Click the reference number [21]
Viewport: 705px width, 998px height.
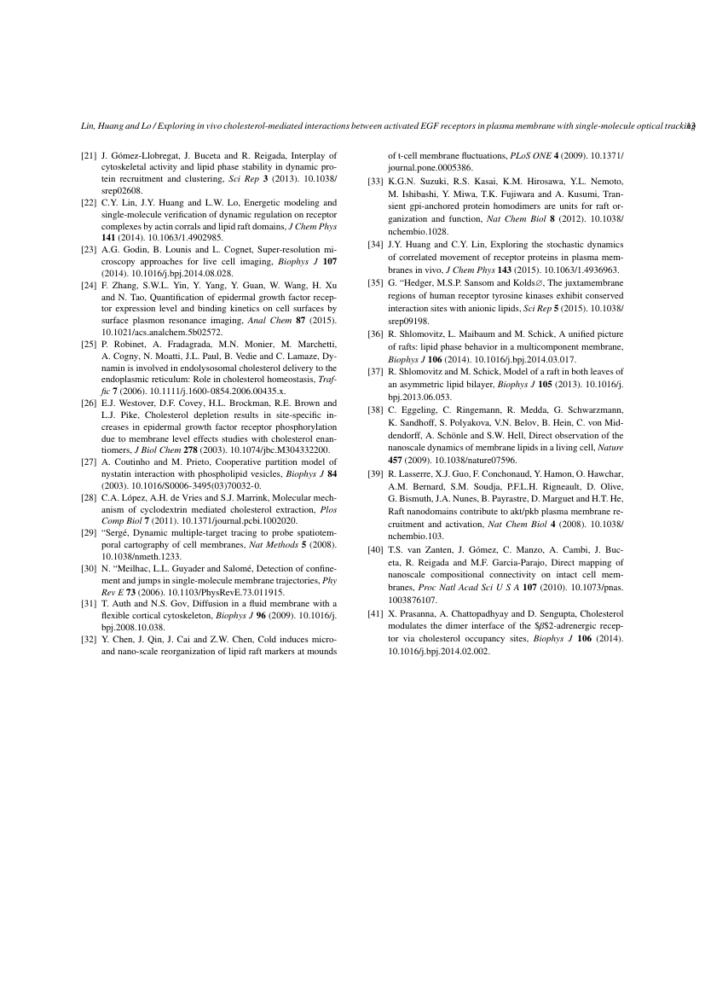[x=89, y=156]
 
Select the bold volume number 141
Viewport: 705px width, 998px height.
[x=109, y=238]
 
